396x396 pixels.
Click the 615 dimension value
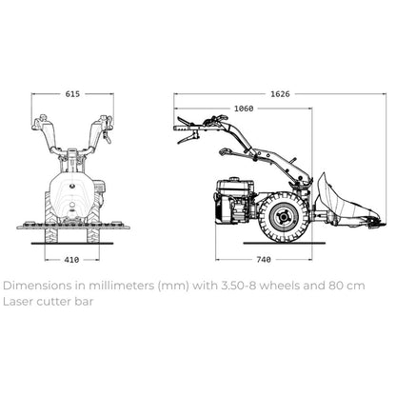click(x=72, y=94)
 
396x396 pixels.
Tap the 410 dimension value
click(x=71, y=260)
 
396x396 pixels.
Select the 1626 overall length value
click(x=280, y=94)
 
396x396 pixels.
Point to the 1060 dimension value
click(x=244, y=109)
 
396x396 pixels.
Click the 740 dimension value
click(x=264, y=260)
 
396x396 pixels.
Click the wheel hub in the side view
click(x=283, y=217)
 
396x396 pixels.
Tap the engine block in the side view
click(x=235, y=201)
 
